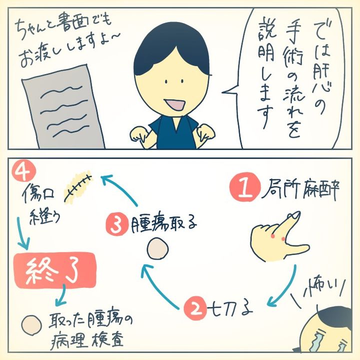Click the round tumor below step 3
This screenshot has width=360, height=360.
coord(159,247)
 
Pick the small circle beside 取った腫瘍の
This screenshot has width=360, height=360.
coord(30,323)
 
